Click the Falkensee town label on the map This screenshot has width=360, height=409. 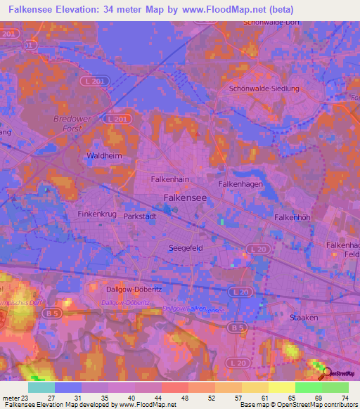[x=185, y=198]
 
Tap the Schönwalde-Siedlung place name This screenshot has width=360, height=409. [x=264, y=89]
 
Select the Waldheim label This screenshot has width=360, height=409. [x=100, y=155]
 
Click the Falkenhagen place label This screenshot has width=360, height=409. [x=240, y=183]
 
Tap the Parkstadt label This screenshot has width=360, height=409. [x=139, y=217]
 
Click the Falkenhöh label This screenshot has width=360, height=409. [x=292, y=218]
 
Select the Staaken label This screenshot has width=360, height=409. [x=304, y=318]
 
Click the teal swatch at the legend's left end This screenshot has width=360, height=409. [x=41, y=387]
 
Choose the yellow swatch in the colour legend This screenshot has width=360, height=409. [x=281, y=387]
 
